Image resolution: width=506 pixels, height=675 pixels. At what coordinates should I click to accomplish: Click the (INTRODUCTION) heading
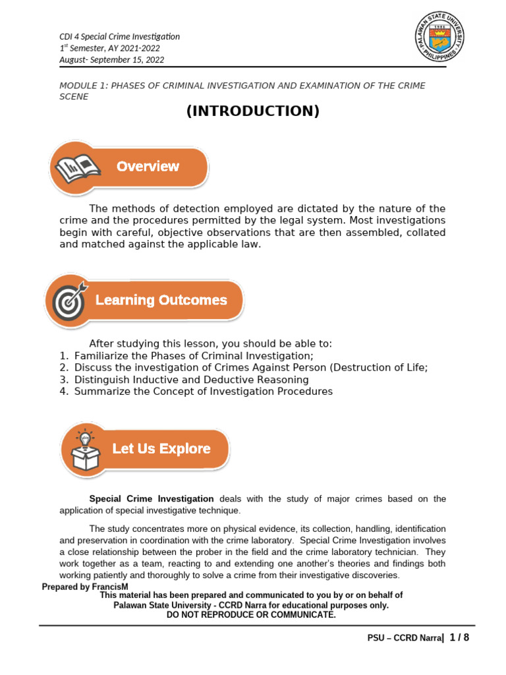[253, 111]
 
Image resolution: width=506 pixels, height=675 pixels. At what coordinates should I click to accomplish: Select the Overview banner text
[148, 166]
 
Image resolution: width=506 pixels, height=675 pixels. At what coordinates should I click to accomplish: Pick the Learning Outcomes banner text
[161, 300]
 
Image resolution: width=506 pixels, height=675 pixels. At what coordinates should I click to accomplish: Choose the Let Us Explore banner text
[161, 449]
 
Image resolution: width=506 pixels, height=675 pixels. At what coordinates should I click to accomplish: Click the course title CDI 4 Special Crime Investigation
[119, 36]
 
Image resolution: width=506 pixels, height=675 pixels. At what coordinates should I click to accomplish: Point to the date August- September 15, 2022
[111, 60]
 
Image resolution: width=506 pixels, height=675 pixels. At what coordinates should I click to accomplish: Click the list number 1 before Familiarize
[63, 356]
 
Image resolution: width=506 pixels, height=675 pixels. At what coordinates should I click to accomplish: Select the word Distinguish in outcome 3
[102, 380]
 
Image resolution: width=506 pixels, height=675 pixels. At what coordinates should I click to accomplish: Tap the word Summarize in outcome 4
[101, 392]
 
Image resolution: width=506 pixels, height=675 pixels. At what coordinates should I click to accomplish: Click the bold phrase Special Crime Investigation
[152, 498]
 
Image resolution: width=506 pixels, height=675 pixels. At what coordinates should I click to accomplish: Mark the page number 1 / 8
[459, 637]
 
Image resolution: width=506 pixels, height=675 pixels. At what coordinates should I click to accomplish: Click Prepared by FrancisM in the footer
[84, 587]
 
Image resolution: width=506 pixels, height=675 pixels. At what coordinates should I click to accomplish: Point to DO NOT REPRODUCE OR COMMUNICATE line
[251, 615]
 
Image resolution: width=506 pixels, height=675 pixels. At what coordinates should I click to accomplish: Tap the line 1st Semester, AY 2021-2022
[109, 48]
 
